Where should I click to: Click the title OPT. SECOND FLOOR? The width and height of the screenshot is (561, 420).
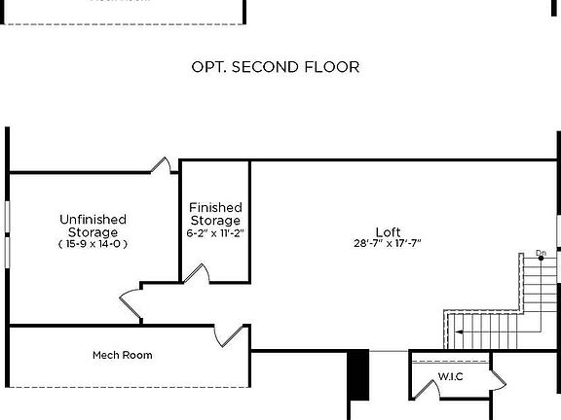click(x=277, y=67)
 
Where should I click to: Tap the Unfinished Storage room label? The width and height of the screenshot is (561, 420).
click(x=93, y=226)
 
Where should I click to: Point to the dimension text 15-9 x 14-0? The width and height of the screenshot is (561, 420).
click(x=93, y=244)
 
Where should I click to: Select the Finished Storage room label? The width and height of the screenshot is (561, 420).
click(x=215, y=214)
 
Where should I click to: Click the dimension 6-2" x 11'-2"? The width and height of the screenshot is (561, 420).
click(x=215, y=233)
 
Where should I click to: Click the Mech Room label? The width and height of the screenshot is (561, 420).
click(x=122, y=355)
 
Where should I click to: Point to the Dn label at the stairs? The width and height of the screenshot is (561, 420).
click(x=541, y=254)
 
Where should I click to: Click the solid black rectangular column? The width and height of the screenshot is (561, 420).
click(x=359, y=374)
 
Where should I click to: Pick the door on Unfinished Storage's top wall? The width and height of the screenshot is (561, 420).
click(x=163, y=165)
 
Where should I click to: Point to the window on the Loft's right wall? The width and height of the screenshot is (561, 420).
click(x=558, y=238)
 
